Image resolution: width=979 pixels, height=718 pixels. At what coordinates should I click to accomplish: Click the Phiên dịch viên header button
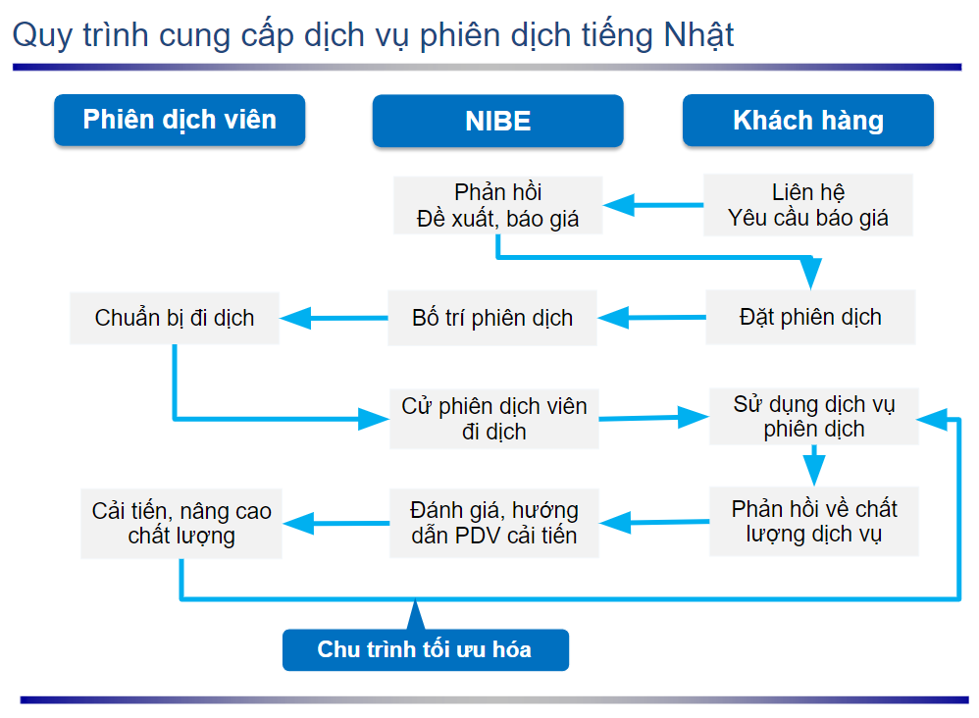[180, 120]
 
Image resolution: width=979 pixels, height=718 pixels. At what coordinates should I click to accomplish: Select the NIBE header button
[497, 121]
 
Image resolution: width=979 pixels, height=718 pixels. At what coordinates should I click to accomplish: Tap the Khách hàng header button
[808, 120]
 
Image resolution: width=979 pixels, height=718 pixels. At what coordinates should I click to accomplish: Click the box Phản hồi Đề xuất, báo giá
[497, 205]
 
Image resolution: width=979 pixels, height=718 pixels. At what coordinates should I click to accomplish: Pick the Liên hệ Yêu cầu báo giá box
[808, 205]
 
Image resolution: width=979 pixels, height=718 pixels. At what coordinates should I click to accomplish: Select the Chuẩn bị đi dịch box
[175, 318]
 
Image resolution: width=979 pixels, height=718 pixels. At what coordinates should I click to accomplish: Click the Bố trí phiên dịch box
[492, 318]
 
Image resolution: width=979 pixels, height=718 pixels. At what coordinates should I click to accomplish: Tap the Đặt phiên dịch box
[810, 317]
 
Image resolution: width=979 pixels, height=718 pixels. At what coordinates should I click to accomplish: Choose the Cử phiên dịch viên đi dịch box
[493, 419]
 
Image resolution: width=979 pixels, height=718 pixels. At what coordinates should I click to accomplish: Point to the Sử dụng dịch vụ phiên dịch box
[814, 417]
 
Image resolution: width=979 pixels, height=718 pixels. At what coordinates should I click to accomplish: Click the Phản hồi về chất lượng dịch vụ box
[814, 521]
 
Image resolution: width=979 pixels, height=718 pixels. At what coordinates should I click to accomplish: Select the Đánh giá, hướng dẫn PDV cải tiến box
[493, 523]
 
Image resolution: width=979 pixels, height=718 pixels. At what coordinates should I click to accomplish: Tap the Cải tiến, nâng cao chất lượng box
[181, 523]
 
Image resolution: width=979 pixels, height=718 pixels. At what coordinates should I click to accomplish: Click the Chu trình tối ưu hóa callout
[425, 649]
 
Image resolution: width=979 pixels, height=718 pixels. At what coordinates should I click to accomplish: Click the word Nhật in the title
[698, 35]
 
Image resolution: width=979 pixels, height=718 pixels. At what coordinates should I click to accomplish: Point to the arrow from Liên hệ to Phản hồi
[653, 205]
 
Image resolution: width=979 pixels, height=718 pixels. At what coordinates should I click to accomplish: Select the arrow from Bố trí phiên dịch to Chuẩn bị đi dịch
[334, 318]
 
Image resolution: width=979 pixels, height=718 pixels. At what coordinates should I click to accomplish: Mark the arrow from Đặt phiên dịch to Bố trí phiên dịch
[651, 317]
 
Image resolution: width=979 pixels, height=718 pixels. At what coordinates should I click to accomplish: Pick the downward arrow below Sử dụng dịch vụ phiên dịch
[814, 466]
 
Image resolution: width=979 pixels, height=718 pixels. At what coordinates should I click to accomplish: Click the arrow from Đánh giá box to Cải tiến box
[335, 523]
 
